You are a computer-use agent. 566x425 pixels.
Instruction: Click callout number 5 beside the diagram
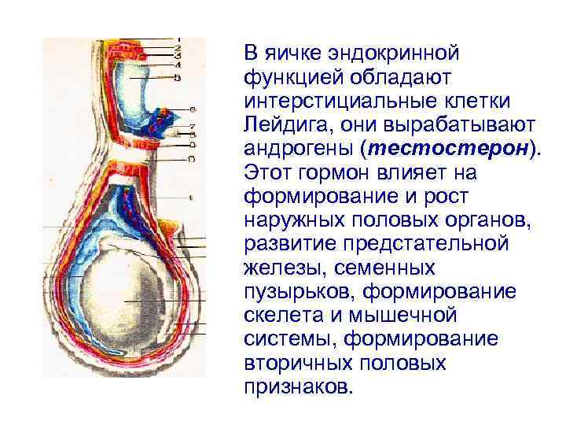178,78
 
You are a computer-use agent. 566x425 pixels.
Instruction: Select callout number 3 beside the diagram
178,56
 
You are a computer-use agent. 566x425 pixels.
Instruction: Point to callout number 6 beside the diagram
193,109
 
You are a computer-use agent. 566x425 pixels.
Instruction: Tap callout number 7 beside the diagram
192,126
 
